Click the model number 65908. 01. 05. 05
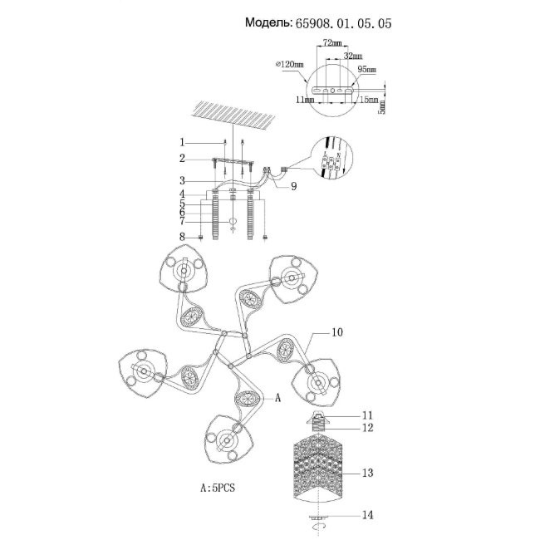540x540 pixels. tap(343, 24)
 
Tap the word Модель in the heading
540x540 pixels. tap(268, 24)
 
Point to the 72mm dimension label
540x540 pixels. tap(332, 42)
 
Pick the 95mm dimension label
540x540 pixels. tap(366, 71)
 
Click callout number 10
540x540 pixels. tap(337, 334)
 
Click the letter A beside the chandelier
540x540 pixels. tap(279, 398)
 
